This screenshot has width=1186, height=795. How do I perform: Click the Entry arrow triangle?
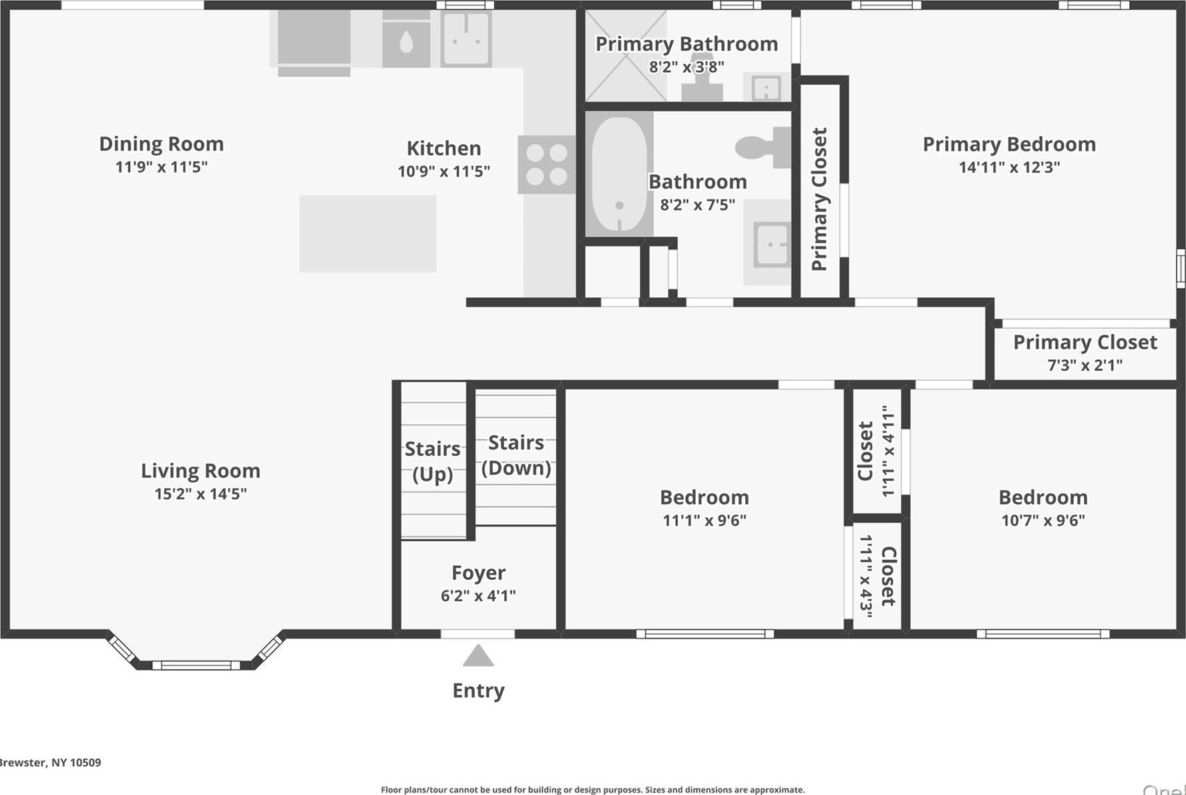478,656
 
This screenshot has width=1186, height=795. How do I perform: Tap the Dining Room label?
161,144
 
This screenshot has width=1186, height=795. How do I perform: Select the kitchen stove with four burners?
546,164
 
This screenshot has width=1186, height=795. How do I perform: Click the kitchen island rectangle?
367,234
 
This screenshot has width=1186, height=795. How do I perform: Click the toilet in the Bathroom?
762,147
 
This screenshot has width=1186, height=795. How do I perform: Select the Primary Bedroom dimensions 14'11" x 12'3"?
1008,167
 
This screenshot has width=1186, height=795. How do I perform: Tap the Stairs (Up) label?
433,461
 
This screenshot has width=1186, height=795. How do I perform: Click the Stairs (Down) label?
516,455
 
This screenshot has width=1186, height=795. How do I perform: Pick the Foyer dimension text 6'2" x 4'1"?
478,595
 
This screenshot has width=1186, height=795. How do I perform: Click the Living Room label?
200,471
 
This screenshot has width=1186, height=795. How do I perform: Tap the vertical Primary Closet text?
819,199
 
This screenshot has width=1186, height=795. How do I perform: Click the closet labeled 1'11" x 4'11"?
875,451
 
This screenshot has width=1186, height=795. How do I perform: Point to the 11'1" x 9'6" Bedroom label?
704,508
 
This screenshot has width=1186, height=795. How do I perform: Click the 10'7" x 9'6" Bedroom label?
1042,508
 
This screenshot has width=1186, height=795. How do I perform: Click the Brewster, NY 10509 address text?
50,762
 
